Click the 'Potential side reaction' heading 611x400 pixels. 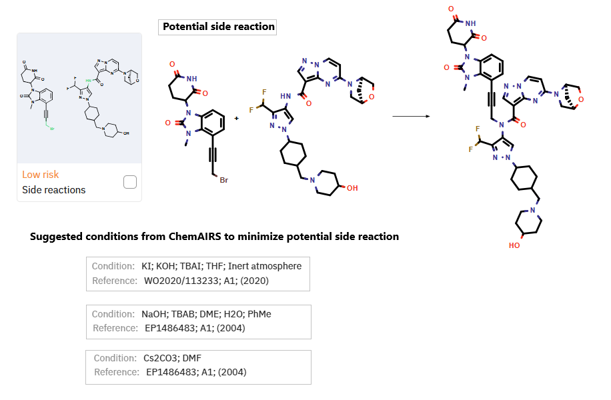[x=219, y=27]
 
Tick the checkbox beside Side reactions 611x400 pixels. [x=130, y=182]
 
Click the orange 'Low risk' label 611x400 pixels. [x=40, y=175]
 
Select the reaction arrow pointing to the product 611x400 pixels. [x=410, y=116]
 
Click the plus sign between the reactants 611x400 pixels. [x=236, y=117]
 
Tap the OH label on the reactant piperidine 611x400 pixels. [x=352, y=188]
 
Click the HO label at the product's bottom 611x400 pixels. [x=514, y=245]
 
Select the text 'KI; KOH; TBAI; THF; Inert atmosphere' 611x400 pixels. [x=222, y=266]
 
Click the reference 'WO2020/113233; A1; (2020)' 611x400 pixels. [x=206, y=281]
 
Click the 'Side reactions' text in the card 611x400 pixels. [x=54, y=190]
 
